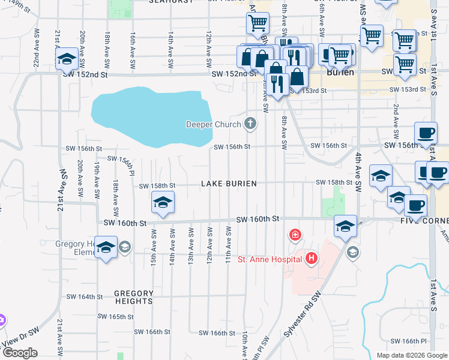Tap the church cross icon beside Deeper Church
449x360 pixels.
tap(250, 124)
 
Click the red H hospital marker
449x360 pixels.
tap(312, 259)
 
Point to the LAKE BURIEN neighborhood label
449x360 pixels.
tap(229, 184)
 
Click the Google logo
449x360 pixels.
tap(20, 353)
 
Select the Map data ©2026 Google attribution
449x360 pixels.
tap(411, 355)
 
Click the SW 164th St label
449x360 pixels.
tap(85, 296)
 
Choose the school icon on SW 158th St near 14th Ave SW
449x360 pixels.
tap(162, 202)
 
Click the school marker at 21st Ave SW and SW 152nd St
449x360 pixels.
tap(66, 58)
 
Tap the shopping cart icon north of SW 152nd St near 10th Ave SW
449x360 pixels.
tap(258, 23)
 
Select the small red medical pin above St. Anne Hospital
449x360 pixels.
tap(295, 235)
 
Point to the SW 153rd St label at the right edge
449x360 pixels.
tap(411, 89)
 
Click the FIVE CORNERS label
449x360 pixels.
tap(420, 220)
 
